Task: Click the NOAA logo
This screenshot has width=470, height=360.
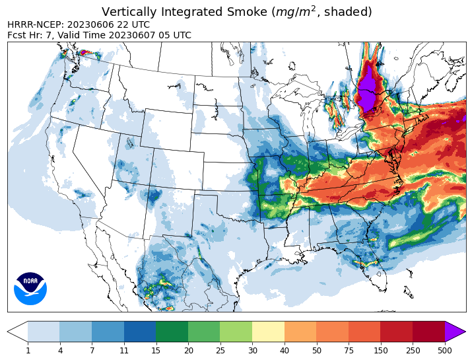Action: click(30, 289)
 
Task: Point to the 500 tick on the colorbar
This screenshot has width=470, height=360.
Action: click(445, 349)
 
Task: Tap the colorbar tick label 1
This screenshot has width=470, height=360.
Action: click(28, 349)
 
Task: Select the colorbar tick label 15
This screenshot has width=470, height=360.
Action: click(156, 349)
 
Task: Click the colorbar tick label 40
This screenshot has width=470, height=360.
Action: click(285, 349)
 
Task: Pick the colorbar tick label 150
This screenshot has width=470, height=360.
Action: click(381, 349)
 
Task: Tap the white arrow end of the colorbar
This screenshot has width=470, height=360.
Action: click(18, 332)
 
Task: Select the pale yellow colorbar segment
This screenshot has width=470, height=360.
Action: click(268, 332)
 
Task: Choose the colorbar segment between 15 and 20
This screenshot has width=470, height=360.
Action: click(172, 332)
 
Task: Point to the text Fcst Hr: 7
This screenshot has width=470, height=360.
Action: click(29, 35)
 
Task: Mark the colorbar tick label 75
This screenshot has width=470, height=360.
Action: click(349, 349)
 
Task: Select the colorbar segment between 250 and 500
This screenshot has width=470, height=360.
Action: click(428, 332)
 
